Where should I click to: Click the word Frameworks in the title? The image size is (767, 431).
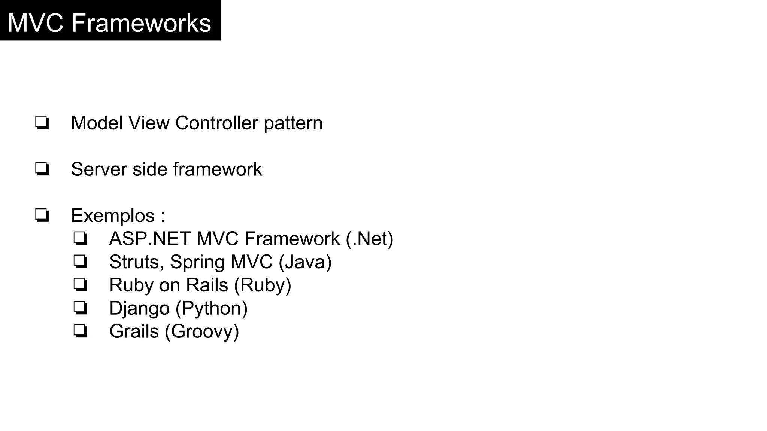(141, 23)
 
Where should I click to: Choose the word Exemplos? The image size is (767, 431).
(113, 216)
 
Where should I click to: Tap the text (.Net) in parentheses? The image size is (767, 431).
(370, 239)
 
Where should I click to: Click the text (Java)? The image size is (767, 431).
(305, 262)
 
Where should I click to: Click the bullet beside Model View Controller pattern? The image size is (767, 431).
(42, 123)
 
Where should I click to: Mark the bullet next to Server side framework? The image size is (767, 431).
(42, 169)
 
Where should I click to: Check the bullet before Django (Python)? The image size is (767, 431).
(80, 309)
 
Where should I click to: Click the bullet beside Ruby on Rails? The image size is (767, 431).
(80, 285)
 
